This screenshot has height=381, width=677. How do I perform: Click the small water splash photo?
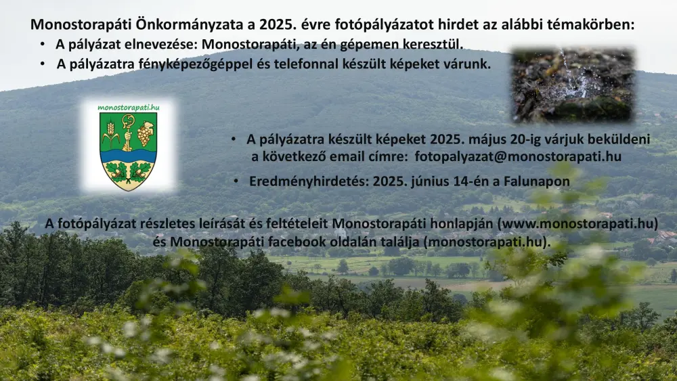pyautogui.click(x=573, y=85)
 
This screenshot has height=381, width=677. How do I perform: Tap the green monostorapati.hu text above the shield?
pyautogui.click(x=128, y=108)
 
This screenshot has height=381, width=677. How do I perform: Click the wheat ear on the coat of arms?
pyautogui.click(x=110, y=134)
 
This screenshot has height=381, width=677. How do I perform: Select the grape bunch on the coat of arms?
pyautogui.click(x=145, y=134)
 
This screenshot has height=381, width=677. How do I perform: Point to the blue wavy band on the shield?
pyautogui.click(x=128, y=156)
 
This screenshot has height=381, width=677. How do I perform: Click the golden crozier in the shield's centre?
pyautogui.click(x=127, y=132)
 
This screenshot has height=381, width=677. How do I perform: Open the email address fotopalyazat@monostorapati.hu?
pyautogui.click(x=518, y=156)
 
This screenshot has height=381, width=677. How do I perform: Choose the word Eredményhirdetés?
pyautogui.click(x=309, y=181)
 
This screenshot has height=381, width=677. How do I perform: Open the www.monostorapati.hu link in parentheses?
pyautogui.click(x=577, y=223)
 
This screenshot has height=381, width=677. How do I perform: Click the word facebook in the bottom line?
pyautogui.click(x=297, y=242)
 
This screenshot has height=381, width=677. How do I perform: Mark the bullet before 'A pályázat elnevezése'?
pyautogui.click(x=42, y=44)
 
